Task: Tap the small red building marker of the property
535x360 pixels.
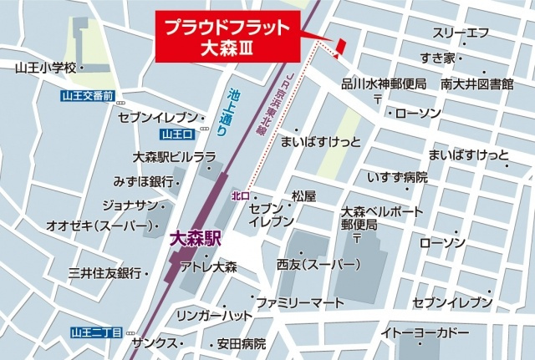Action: (x=340, y=47)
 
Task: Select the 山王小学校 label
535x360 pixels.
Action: (x=45, y=66)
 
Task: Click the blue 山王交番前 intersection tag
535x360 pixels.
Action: (x=87, y=96)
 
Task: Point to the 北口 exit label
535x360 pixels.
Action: (x=241, y=195)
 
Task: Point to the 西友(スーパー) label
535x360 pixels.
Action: (x=318, y=265)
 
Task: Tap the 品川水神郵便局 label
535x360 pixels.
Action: (x=384, y=84)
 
